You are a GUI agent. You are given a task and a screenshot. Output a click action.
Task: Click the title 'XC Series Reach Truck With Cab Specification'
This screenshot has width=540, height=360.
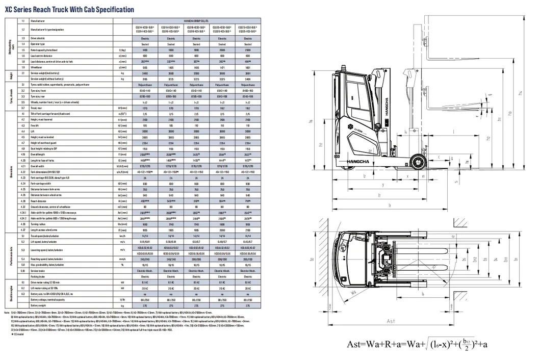point(70,9)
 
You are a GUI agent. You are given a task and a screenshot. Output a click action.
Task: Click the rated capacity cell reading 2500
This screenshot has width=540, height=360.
point(248,50)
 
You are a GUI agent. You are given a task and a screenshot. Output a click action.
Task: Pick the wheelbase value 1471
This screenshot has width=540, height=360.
point(222,67)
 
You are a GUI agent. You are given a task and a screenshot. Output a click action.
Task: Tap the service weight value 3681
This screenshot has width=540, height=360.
point(248,73)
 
